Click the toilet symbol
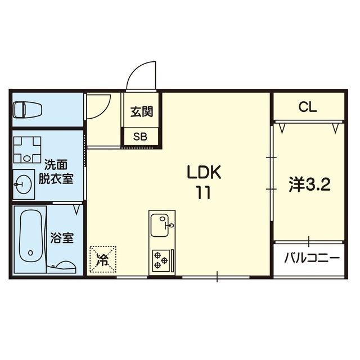tap(28, 110)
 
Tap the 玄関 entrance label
tap(142, 112)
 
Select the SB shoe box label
tap(140, 137)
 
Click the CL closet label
tap(308, 107)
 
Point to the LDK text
tap(204, 172)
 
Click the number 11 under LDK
tap(203, 192)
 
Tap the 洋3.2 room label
tap(309, 184)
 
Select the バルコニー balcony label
tap(312, 258)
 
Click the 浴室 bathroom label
tap(62, 238)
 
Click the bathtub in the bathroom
tap(30, 236)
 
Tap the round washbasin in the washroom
tap(22, 184)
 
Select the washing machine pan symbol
tap(28, 150)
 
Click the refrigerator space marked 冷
tap(103, 259)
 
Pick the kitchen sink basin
tap(160, 225)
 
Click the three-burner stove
tap(161, 260)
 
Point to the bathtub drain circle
tap(30, 253)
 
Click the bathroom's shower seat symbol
tap(66, 266)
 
